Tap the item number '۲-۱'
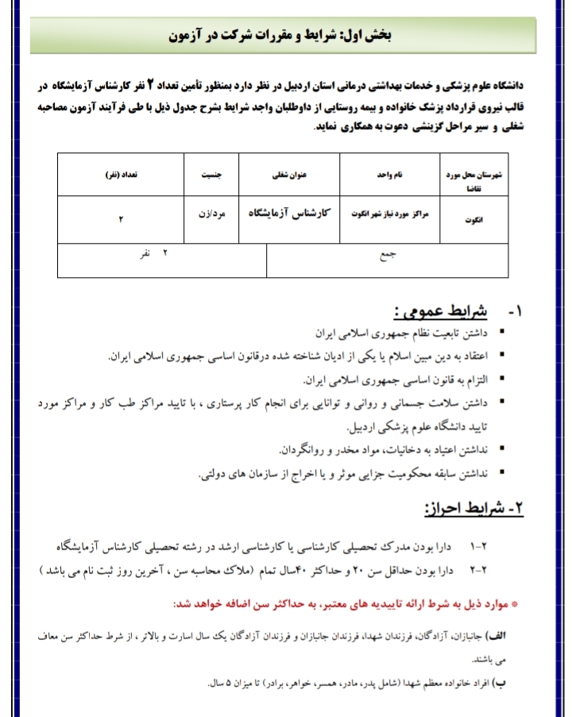point(482,548)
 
